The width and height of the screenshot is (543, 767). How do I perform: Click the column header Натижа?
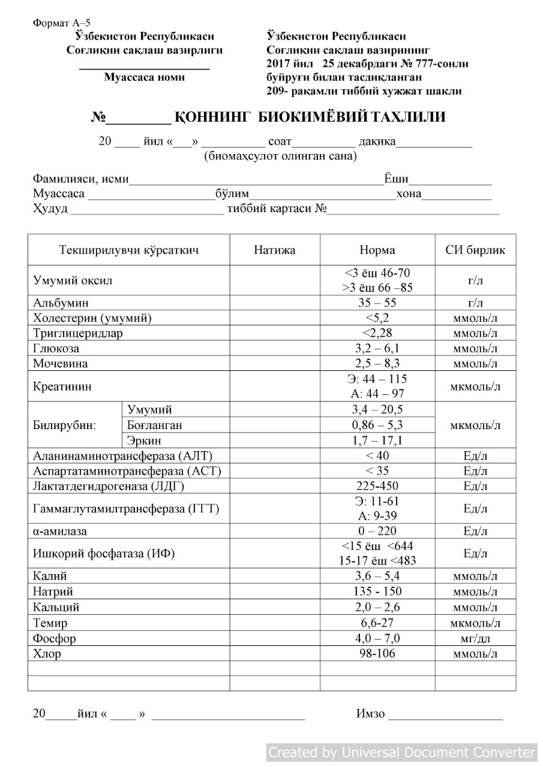pos(275,250)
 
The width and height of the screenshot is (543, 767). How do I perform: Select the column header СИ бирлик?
pos(475,250)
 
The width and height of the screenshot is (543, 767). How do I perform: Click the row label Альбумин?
pos(61,303)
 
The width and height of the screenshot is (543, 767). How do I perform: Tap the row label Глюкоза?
pos(56,349)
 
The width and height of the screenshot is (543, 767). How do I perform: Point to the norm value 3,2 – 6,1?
pos(377,349)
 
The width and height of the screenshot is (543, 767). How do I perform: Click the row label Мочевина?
pos(60,364)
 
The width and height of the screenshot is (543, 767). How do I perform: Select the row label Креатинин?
pos(62,386)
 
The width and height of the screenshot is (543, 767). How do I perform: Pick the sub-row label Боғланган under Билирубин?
pos(155,425)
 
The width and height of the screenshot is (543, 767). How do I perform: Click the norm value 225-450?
pos(377,486)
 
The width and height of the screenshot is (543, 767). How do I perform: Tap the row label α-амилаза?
pos(59,532)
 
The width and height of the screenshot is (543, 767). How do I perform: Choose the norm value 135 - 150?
pos(377,592)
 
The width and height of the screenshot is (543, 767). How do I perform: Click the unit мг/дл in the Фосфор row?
pos(475,638)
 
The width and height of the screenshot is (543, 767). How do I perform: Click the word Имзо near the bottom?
pos(370,714)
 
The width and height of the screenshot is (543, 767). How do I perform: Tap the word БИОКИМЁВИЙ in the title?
pos(313,117)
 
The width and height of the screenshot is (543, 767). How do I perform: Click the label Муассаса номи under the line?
pos(145,77)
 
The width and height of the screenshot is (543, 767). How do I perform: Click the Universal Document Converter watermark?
pos(401,752)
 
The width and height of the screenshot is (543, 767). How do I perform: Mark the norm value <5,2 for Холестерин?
pos(377,318)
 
